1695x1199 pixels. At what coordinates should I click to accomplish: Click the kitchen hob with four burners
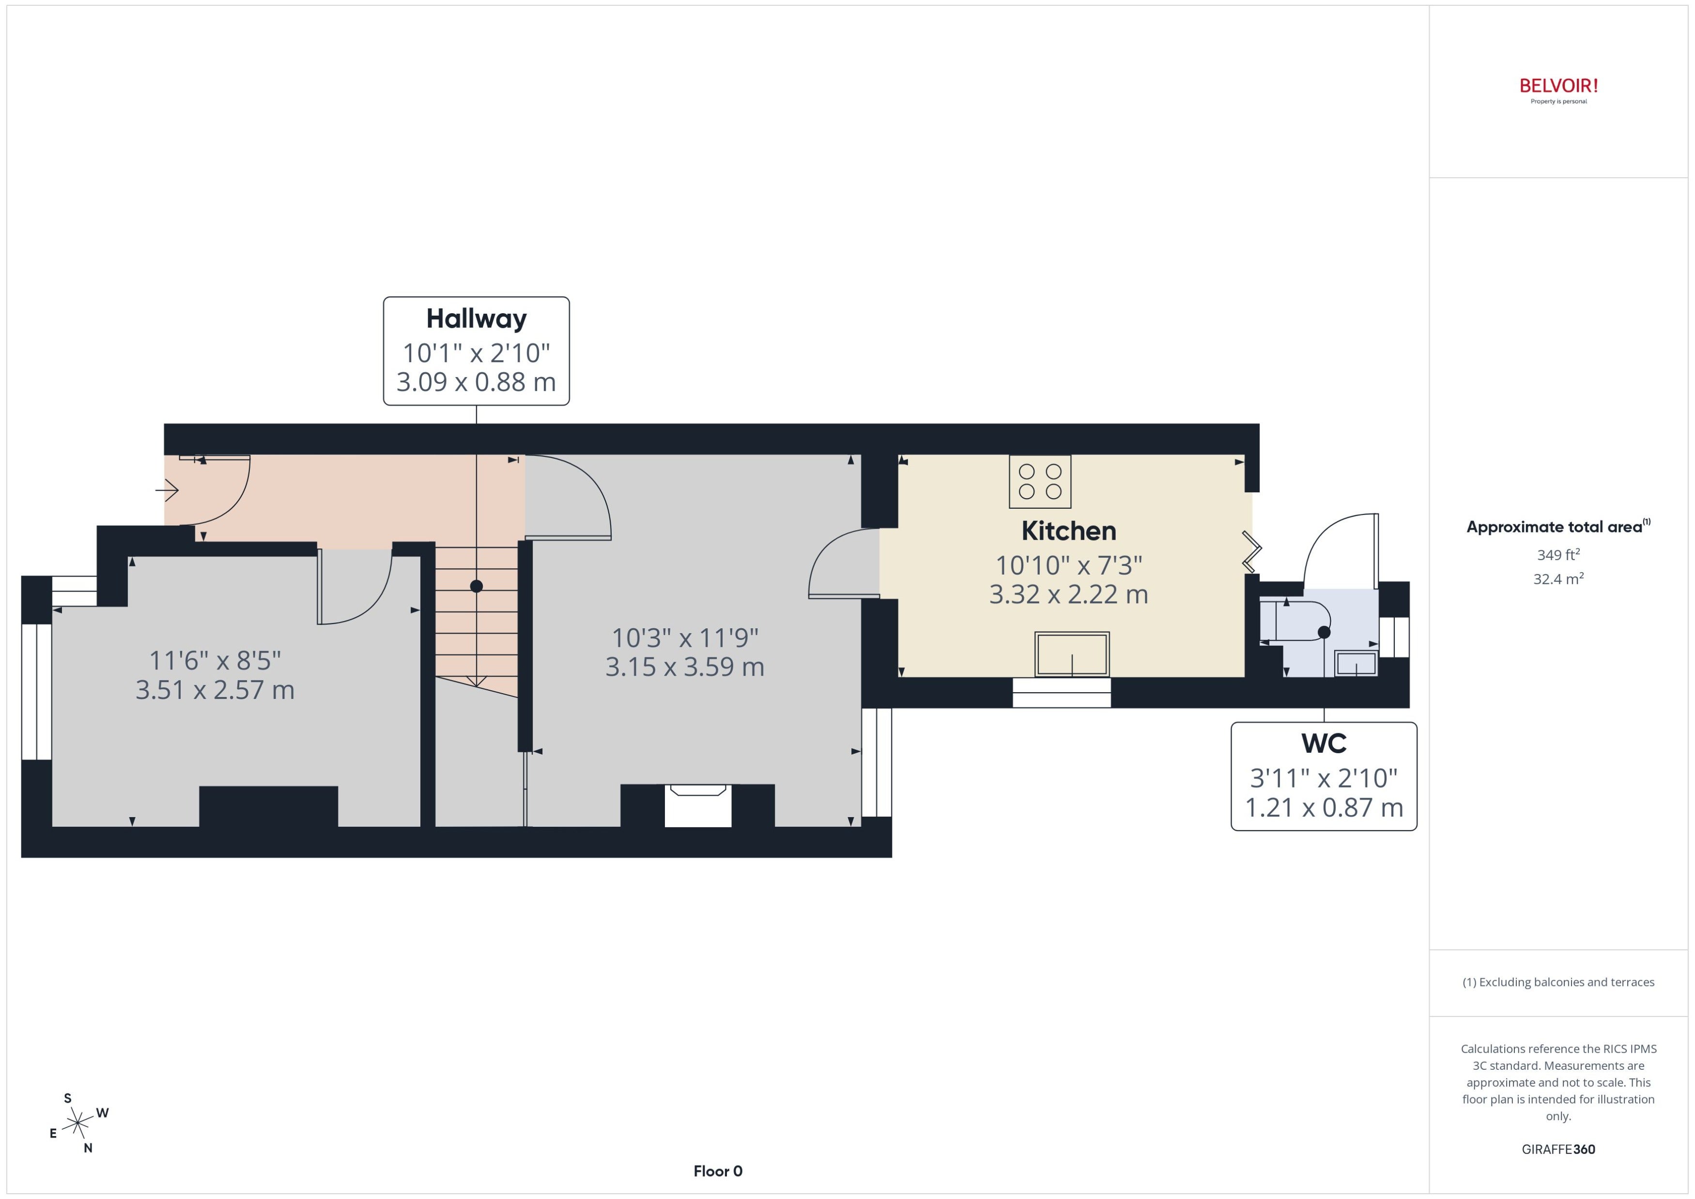pos(1040,481)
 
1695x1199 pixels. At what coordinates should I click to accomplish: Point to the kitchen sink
pos(1072,654)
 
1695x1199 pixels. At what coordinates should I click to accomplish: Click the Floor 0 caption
pos(718,1171)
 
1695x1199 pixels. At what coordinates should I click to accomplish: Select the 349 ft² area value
pos(1558,554)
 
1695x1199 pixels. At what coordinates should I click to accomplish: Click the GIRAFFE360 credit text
pos(1558,1149)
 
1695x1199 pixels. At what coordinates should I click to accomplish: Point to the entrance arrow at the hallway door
pos(167,489)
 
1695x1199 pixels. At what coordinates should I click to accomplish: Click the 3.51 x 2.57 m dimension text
pos(215,690)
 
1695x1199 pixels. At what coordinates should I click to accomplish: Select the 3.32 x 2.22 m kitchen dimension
pos(1069,594)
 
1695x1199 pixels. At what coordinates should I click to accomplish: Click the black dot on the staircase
pos(477,586)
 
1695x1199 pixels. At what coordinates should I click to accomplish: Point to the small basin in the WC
pos(1356,663)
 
